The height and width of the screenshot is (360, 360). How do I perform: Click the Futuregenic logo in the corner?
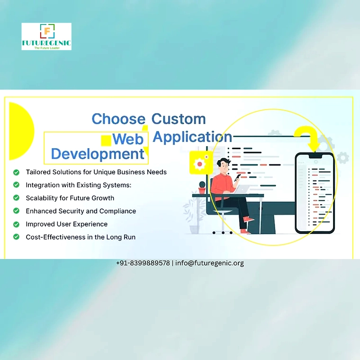coord(46,36)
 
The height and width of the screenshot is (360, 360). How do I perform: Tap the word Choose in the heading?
coord(118,119)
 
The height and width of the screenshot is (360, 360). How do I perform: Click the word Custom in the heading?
coord(179,119)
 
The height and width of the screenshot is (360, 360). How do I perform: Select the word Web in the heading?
coord(128,139)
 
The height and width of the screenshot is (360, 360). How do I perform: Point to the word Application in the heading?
coord(192,137)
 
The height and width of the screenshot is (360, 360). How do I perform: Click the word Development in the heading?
coord(98,154)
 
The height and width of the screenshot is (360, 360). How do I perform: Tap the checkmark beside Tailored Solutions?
coord(16,172)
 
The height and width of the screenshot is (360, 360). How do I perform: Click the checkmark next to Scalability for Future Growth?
coord(16,198)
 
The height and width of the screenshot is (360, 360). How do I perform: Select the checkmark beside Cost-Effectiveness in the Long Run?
coord(16,237)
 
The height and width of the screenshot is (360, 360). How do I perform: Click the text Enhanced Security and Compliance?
coord(81,211)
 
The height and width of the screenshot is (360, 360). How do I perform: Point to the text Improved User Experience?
coord(67,224)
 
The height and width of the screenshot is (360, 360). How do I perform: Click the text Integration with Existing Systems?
coord(79,185)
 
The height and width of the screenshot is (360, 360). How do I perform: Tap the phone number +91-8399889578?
coord(143,263)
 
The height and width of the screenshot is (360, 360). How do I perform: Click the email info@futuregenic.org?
coord(209,263)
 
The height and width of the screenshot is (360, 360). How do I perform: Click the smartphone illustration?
coord(315,193)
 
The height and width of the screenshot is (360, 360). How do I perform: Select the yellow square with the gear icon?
coord(199,162)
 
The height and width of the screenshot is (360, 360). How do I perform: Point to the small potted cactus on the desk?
coord(202,188)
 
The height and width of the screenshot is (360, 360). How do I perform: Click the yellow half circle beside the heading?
coord(22,131)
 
